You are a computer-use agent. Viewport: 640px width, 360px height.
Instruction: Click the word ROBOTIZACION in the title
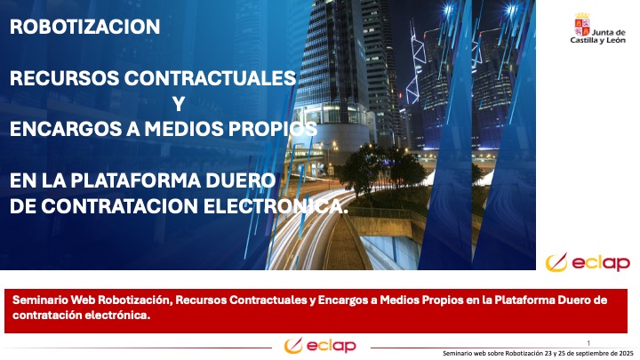[x=85, y=27]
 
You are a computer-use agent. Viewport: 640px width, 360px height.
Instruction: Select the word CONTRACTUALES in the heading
[x=210, y=78]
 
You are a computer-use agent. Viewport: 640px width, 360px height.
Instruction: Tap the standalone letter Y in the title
[x=179, y=104]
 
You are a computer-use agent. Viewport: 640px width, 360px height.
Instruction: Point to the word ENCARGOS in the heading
[x=66, y=129]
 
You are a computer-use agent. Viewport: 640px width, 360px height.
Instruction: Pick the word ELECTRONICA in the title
[x=276, y=206]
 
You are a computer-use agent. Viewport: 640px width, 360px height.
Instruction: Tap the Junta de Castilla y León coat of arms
[x=582, y=25]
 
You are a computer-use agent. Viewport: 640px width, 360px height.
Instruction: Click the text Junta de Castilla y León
[x=598, y=36]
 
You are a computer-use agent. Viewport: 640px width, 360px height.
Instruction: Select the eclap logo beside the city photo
[x=588, y=262]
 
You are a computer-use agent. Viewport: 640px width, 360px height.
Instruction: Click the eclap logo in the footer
[x=320, y=346]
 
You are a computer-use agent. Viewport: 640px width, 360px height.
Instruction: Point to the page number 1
[x=588, y=343]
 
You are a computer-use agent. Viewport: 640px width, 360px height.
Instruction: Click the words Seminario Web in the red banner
[x=54, y=300]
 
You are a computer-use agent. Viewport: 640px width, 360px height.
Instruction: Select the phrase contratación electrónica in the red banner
[x=81, y=315]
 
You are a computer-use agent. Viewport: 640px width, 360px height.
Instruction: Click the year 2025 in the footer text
[x=626, y=353]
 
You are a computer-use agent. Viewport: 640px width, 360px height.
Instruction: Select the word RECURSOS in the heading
[x=65, y=78]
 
